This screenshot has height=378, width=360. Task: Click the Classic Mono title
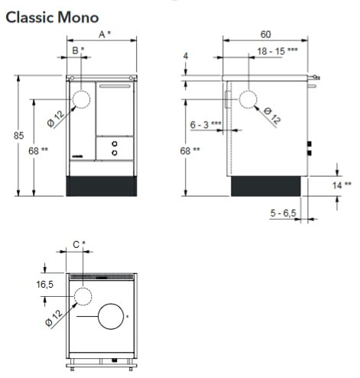(52, 18)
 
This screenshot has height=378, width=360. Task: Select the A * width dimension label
(105, 34)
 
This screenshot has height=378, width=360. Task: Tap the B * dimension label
(78, 51)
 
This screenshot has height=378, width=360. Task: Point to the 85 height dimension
(18, 135)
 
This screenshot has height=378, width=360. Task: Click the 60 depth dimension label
(265, 34)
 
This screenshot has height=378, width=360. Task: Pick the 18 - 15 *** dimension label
(277, 51)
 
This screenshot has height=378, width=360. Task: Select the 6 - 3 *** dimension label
(206, 125)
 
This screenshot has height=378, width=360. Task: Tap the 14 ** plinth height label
(342, 185)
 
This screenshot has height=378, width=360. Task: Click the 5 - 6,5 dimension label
(283, 213)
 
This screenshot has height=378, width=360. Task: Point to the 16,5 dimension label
(45, 284)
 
